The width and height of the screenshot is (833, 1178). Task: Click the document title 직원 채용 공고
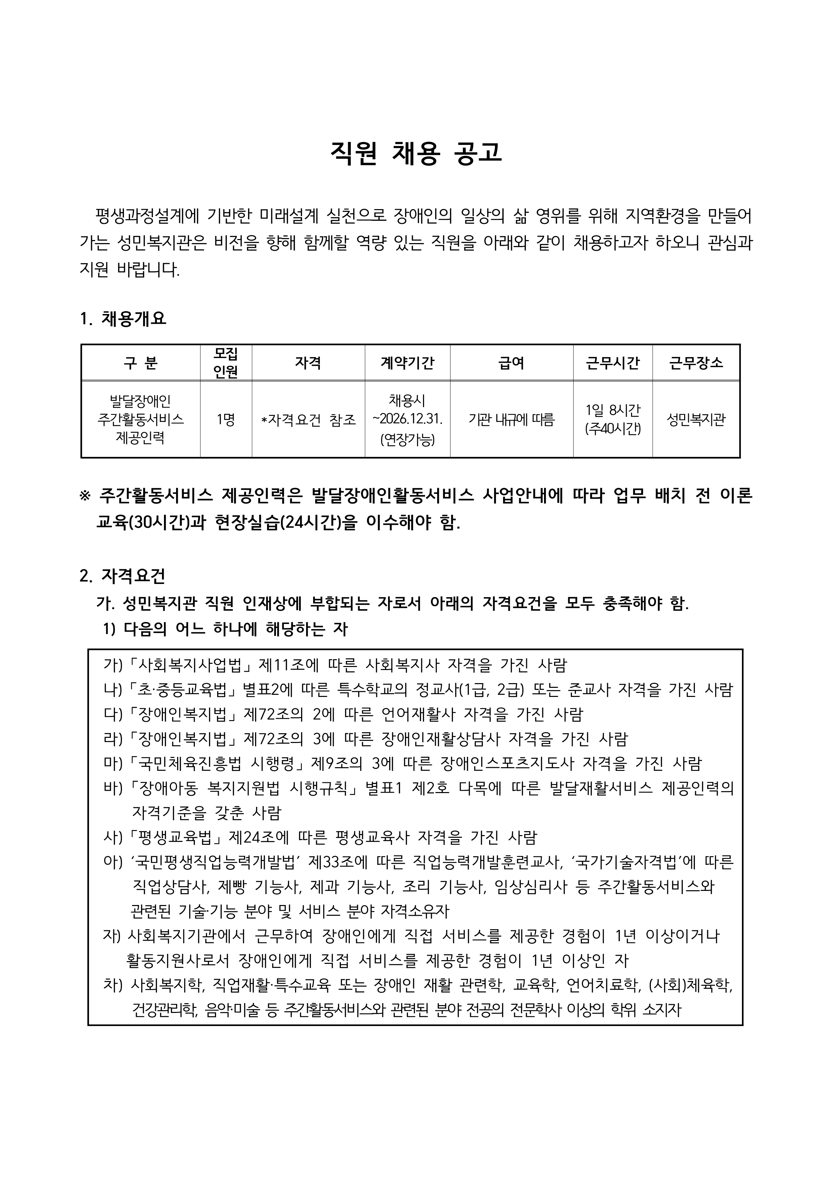click(x=416, y=153)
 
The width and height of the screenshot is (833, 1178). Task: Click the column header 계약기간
click(x=407, y=363)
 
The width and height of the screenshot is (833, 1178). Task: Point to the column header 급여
click(x=511, y=363)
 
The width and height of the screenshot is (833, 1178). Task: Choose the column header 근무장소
click(x=696, y=363)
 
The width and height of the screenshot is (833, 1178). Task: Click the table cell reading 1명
click(x=226, y=420)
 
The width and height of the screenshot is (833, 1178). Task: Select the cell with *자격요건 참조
click(x=308, y=420)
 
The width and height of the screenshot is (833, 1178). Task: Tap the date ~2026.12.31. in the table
click(x=407, y=419)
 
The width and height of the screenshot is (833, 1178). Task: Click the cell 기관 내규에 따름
click(x=511, y=420)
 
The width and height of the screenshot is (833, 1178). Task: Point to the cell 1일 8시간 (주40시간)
click(x=613, y=419)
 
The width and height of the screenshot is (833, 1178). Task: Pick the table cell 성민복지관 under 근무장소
click(x=696, y=420)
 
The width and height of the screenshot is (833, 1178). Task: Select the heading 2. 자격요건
click(x=123, y=576)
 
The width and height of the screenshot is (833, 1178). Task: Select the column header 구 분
click(x=140, y=363)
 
